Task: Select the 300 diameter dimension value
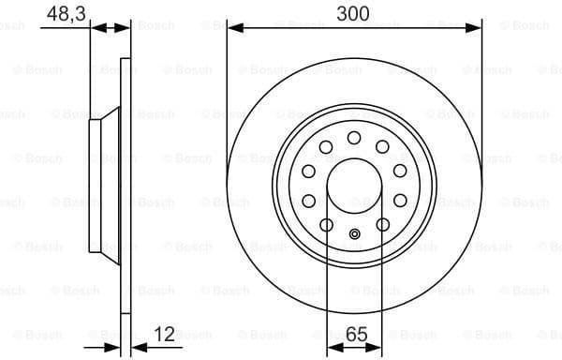(353, 13)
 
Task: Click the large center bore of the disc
(353, 184)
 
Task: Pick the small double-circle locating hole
(354, 235)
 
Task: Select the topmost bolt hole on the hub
(353, 138)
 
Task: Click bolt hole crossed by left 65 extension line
(326, 224)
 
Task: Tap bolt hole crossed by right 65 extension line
(382, 224)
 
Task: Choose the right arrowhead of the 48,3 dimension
(124, 28)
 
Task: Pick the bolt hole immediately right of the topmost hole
(382, 146)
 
